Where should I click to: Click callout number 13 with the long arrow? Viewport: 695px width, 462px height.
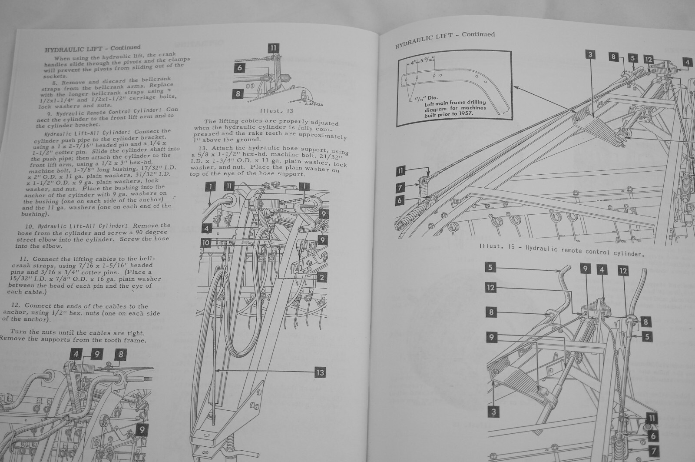320,372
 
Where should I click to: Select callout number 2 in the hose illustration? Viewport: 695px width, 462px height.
322,277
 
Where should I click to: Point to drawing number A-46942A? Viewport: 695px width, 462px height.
318,104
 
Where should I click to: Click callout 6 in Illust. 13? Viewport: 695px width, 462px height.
239,67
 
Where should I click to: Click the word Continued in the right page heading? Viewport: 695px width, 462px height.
478,34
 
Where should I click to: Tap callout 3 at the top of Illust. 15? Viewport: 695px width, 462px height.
590,55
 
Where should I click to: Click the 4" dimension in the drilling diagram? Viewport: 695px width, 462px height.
412,62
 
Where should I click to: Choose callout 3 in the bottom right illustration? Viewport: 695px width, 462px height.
493,411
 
